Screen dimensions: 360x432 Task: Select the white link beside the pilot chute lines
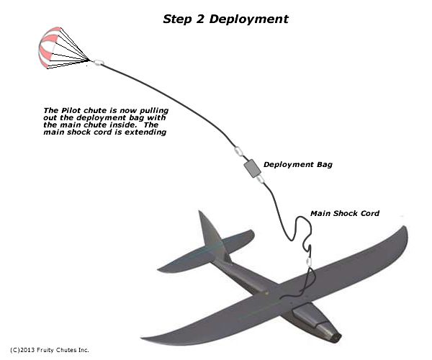(x=99, y=63)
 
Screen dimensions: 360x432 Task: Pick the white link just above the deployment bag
(x=237, y=152)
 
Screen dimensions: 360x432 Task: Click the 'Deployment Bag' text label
(x=297, y=164)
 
